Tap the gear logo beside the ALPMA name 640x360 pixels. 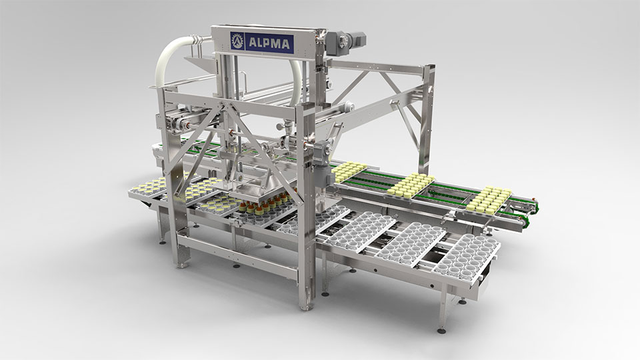pos(237,41)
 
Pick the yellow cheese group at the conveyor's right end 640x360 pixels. pos(489,201)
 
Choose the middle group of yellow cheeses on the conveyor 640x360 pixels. pos(411,185)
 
